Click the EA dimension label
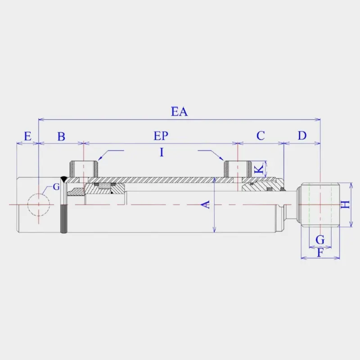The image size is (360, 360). tap(179, 111)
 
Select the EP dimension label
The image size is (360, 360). tap(161, 135)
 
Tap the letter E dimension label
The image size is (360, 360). tap(27, 136)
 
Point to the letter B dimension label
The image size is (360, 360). tap(61, 136)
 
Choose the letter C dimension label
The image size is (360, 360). tap(261, 135)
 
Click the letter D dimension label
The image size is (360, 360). tap(302, 135)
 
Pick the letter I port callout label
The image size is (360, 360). tap(162, 152)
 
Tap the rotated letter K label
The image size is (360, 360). tap(260, 169)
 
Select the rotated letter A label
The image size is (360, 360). tap(206, 204)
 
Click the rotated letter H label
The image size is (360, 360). tap(345, 205)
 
